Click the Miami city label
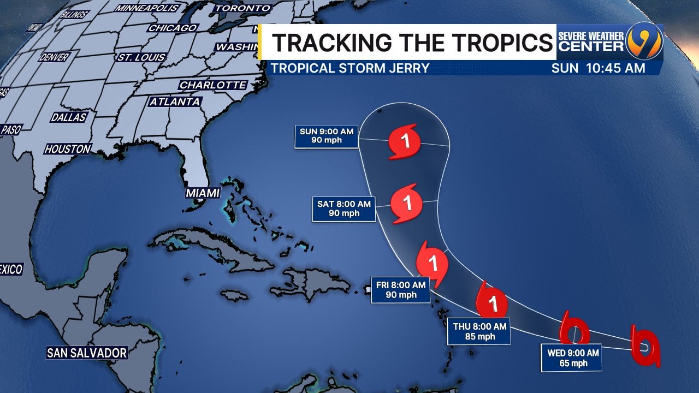click(203, 193)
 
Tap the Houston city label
click(68, 149)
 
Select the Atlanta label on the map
click(175, 102)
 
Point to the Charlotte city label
click(213, 85)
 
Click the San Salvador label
click(87, 353)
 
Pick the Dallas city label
click(69, 117)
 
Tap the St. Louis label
click(141, 57)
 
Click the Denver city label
click(54, 57)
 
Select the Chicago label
click(173, 28)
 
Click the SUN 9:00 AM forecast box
click(327, 137)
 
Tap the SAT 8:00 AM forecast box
click(343, 209)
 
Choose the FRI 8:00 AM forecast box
click(401, 289)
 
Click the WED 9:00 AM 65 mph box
click(573, 358)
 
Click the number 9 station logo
click(644, 42)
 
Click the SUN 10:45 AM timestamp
click(598, 68)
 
